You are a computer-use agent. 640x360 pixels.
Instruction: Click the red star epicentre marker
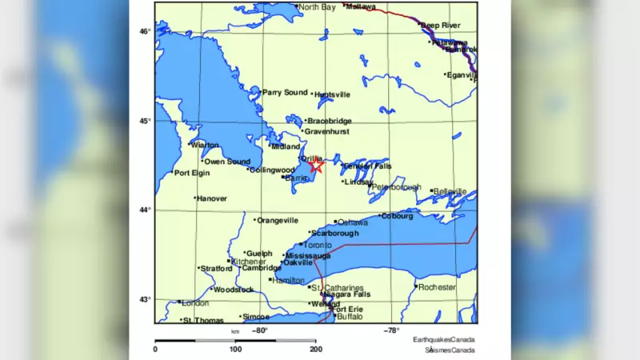coord(315,166)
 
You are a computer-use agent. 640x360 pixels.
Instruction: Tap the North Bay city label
coord(317,7)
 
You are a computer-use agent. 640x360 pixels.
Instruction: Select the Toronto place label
coord(318,245)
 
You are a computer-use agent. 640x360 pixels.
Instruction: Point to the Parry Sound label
coord(286,93)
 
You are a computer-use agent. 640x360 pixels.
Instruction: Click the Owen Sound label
coord(227,162)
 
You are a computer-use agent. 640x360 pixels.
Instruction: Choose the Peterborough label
coord(396,187)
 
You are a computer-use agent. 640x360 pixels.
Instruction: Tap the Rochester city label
coord(437,287)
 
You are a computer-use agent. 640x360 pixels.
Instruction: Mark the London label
coord(195,303)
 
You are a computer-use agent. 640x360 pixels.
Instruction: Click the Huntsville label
coord(333,94)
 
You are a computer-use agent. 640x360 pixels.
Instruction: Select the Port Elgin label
coord(193,173)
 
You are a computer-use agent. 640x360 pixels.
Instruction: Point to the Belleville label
coord(450,192)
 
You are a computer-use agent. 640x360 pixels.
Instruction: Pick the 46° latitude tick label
coord(144,31)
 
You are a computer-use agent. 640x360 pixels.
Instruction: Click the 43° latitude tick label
coord(144,299)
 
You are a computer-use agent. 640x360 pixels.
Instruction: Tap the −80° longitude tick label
coord(260,330)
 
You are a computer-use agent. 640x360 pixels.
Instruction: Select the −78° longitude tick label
coord(391,330)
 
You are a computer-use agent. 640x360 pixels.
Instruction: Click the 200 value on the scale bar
coord(316,350)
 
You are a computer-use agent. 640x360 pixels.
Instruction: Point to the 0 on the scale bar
coord(155,350)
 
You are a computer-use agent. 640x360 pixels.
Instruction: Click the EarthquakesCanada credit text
coord(444,340)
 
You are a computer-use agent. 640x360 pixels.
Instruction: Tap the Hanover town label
coord(212,198)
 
